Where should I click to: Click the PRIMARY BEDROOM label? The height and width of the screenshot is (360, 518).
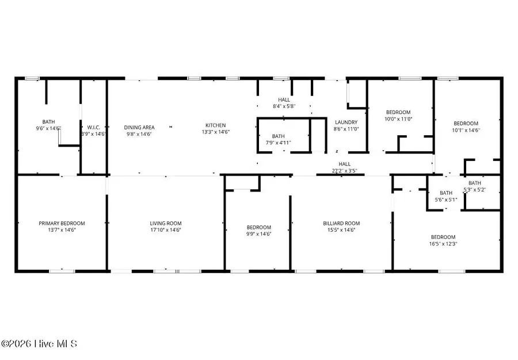click(62, 223)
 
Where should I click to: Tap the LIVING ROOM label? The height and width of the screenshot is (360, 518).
click(166, 223)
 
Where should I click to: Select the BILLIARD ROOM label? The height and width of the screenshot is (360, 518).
click(341, 223)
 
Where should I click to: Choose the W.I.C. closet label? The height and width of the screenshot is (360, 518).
click(94, 127)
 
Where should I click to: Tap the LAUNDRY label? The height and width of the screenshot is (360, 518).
click(346, 122)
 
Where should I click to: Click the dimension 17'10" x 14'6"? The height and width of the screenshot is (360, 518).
click(166, 229)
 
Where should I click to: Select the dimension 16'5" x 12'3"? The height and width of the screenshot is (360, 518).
click(443, 243)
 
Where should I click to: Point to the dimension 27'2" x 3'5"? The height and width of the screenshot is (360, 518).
click(344, 170)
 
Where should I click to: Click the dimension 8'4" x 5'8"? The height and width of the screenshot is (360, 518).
click(284, 106)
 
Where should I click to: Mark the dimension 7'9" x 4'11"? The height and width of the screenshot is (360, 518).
click(279, 142)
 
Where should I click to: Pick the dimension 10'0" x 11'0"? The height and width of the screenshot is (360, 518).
click(398, 118)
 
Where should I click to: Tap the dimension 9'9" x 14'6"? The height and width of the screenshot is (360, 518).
click(258, 233)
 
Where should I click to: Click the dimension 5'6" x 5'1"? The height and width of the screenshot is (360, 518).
click(446, 200)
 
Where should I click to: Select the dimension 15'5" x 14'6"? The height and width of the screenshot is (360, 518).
click(341, 229)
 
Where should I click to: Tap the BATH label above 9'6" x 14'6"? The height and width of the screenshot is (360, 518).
click(48, 121)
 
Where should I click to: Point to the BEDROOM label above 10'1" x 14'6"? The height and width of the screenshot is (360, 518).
click(466, 123)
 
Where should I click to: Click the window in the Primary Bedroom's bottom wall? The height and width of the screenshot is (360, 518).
click(62, 270)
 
